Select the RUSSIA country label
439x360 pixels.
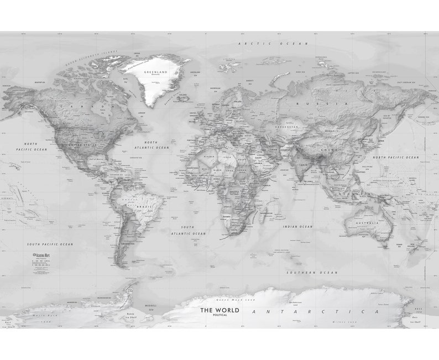point(306,103)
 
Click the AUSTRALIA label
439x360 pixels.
point(367,223)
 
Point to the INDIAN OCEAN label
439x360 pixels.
point(297,227)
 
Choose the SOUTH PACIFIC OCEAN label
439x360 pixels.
point(50,244)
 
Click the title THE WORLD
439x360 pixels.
point(219,310)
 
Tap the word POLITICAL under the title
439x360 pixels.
point(219,316)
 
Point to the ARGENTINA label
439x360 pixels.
point(127,243)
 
